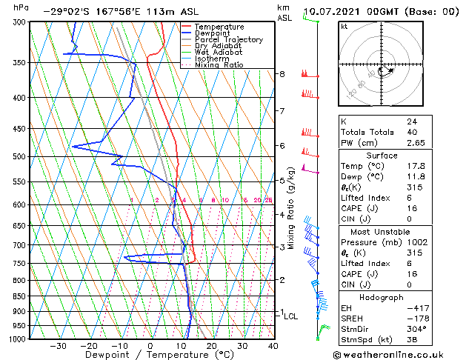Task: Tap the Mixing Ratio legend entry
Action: [219, 65]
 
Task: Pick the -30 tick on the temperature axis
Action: [58, 346]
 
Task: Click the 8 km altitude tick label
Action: [282, 74]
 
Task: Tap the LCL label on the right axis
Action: [291, 316]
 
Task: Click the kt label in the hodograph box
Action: [344, 26]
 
